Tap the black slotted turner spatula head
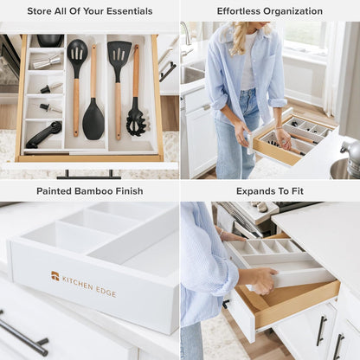[119, 54]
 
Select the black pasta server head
[136, 121]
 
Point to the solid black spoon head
[93, 120]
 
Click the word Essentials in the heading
[125, 11]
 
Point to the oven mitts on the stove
[260, 207]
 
